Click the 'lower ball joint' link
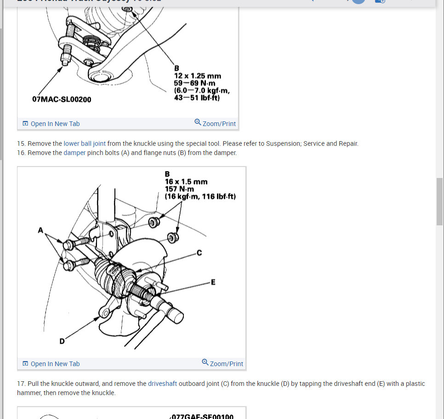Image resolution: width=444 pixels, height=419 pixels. coord(85,143)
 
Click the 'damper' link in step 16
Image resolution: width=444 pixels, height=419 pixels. coord(74,153)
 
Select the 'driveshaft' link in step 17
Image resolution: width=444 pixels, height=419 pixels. coord(162,384)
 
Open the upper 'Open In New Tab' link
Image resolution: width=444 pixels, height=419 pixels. coord(51,124)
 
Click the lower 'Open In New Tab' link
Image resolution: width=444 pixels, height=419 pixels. coord(51,364)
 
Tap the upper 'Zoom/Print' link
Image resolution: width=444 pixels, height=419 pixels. coord(215,123)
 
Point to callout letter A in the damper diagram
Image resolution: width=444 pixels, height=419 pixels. coord(40,230)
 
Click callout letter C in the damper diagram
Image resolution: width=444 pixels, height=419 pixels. coord(199,252)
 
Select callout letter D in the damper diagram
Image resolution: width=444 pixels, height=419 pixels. coord(62,341)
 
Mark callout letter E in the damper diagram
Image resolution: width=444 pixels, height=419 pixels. coord(213,282)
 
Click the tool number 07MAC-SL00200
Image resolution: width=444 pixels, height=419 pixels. coord(62,99)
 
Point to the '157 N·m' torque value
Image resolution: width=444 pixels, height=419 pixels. coord(179,189)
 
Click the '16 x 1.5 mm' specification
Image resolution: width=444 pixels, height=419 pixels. coord(186,182)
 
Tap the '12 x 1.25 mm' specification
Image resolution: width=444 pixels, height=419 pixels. coord(197,76)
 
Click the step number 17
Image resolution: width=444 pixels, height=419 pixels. coord(21,384)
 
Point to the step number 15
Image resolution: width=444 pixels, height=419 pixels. coord(21,143)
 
